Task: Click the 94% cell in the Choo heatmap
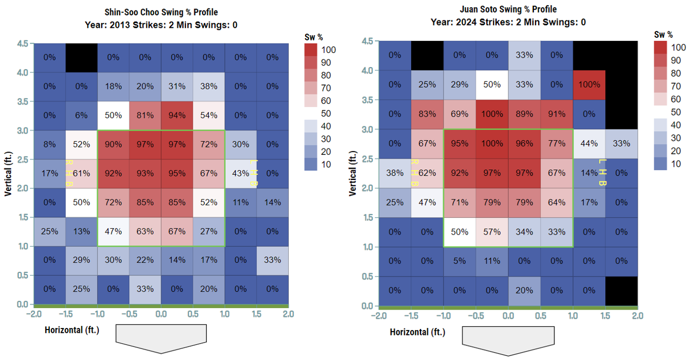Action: click(x=177, y=115)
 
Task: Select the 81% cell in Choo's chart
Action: click(x=145, y=115)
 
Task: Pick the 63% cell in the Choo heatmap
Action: click(x=145, y=231)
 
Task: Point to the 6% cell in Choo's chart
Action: click(x=81, y=115)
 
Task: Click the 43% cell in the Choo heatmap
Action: click(x=240, y=174)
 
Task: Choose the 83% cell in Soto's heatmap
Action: click(x=427, y=114)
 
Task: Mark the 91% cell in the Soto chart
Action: click(x=556, y=114)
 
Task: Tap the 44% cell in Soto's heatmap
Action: click(x=589, y=143)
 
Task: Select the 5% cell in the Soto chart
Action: click(x=459, y=261)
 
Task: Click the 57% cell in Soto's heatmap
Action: click(x=492, y=231)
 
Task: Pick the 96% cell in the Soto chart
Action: click(x=524, y=143)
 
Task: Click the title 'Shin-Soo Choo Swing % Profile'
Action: click(x=161, y=12)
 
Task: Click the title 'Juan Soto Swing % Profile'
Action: click(x=508, y=9)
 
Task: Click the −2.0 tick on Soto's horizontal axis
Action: click(x=378, y=316)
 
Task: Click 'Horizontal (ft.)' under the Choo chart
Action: click(x=72, y=330)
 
